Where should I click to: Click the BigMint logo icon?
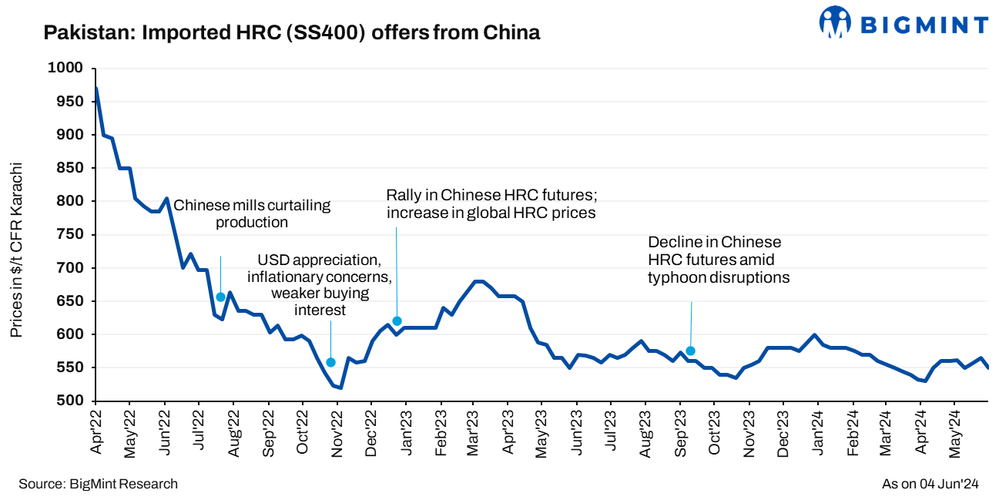(835, 22)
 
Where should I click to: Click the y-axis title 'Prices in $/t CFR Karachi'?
(16, 250)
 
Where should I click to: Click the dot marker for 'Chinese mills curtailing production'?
(220, 297)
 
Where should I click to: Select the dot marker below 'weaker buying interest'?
(331, 362)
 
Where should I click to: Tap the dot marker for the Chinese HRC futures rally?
(397, 321)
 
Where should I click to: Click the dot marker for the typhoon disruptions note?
(690, 351)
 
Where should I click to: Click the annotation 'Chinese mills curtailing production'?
(252, 214)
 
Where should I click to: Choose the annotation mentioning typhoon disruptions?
(718, 260)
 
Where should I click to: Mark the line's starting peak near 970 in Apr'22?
(96, 89)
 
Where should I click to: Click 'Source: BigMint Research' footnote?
(98, 484)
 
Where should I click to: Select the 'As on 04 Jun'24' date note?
(930, 484)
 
